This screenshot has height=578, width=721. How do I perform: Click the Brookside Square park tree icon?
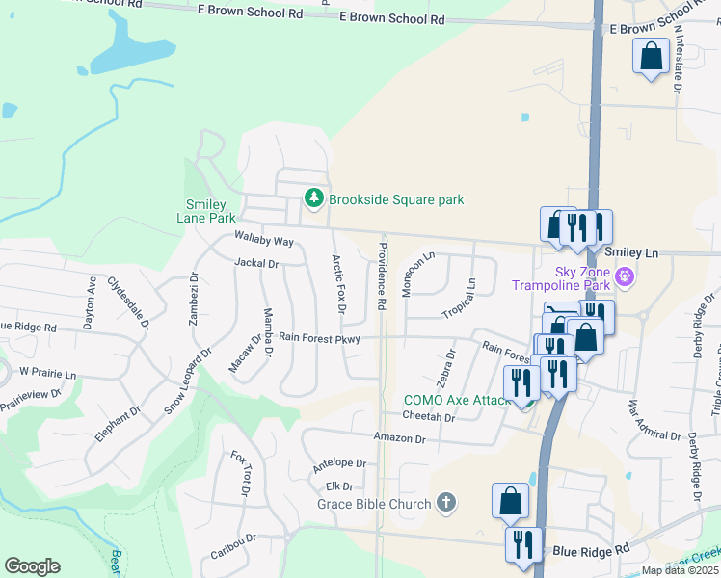click(x=313, y=198)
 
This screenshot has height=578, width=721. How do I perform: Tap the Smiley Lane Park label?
click(x=207, y=211)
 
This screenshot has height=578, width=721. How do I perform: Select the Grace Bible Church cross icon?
click(x=445, y=503)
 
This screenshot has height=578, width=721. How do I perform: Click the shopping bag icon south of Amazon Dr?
click(x=510, y=501)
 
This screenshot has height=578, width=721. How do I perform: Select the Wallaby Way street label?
click(x=263, y=240)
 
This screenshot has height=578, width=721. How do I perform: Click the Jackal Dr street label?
click(x=256, y=262)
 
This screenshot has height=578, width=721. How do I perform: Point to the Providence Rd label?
click(x=383, y=276)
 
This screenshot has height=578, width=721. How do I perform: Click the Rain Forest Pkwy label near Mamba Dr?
click(x=319, y=338)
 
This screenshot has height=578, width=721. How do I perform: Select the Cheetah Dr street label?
click(x=429, y=417)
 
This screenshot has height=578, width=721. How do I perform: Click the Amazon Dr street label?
click(x=400, y=438)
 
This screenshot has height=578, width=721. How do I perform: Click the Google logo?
click(x=32, y=566)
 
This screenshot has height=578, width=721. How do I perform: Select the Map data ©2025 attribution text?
click(x=680, y=570)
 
